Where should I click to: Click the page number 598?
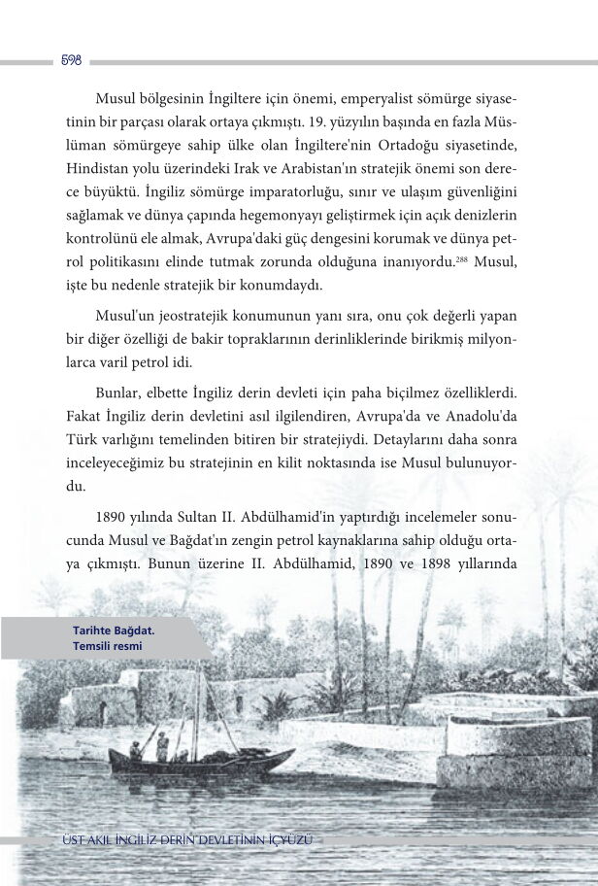tap(71, 61)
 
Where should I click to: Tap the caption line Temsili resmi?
tap(114, 645)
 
